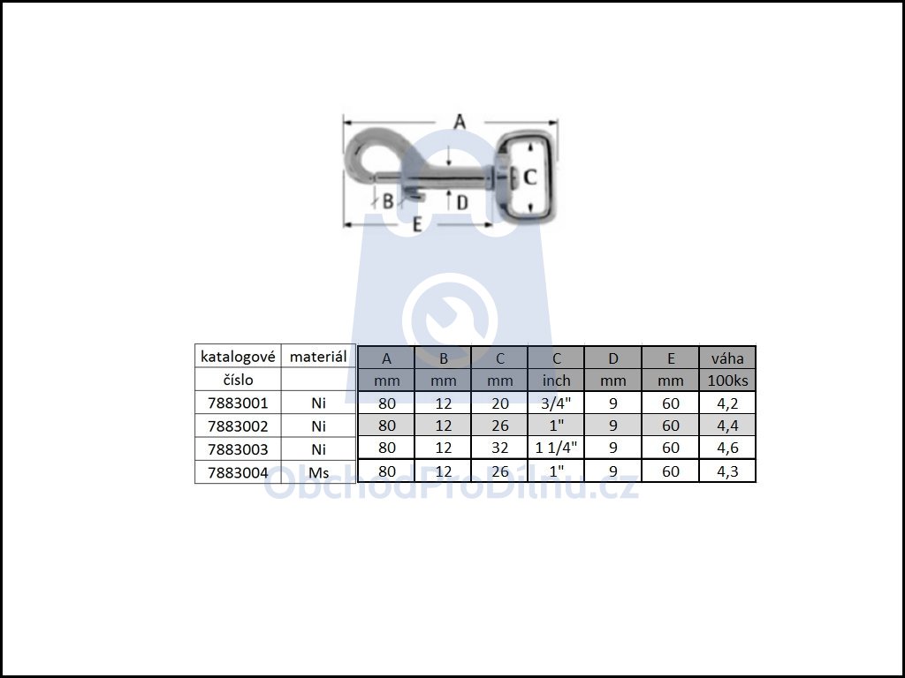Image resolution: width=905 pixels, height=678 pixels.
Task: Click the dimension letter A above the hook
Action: (460, 122)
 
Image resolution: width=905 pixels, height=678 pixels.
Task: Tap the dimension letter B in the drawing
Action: (389, 201)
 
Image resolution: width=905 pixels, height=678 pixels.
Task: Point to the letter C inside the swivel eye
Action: (530, 177)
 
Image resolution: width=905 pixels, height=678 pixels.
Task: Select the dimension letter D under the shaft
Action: (462, 202)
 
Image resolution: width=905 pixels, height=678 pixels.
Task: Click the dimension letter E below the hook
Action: (417, 224)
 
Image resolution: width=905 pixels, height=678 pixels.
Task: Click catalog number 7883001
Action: (238, 403)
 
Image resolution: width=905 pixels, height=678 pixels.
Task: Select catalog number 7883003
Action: (238, 449)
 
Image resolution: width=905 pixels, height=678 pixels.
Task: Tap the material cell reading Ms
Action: (318, 473)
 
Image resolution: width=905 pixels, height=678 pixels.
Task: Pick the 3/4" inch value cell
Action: (557, 403)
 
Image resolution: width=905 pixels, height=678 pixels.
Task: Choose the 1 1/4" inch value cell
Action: (557, 448)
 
